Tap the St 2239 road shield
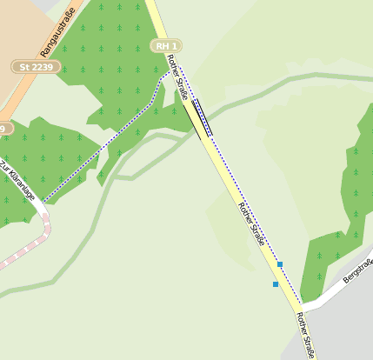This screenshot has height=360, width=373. [35, 66]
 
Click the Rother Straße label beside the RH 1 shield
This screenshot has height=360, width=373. [178, 77]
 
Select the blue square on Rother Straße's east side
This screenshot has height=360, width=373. [280, 263]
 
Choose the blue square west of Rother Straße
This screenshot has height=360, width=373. [276, 284]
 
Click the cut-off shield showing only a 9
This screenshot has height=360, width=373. [4, 128]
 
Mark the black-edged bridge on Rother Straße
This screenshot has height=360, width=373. [198, 118]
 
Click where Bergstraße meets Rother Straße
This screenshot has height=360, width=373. [303, 307]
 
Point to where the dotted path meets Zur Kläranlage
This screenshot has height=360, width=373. [43, 202]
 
